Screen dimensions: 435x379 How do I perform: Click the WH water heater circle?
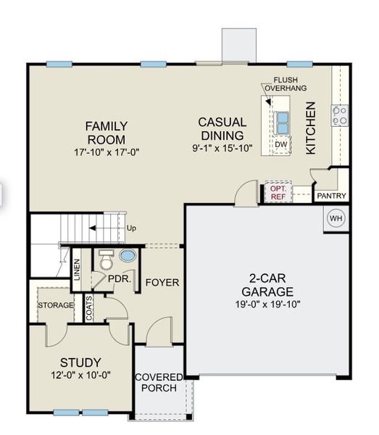coord(336,217)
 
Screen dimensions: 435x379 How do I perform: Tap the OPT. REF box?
coord(278,191)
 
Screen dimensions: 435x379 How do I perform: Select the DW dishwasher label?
coord(281,145)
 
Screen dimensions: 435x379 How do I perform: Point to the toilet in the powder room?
coord(106,258)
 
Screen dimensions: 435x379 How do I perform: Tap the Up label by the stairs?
coord(131,228)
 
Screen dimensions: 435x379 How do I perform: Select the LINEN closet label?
coord(77,270)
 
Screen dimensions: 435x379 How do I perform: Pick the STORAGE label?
coord(56,305)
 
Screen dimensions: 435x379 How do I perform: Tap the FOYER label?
coord(162,282)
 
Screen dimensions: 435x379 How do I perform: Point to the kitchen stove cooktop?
coord(339,114)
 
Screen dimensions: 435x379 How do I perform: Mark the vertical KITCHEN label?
coord(311,128)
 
